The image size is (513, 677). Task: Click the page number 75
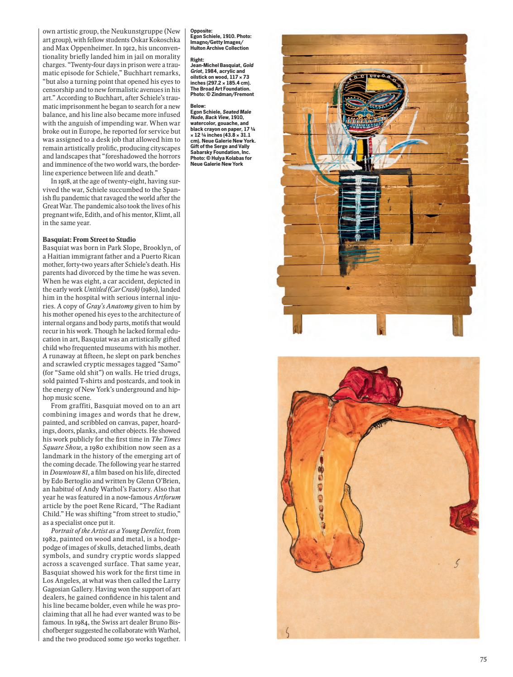click(483, 660)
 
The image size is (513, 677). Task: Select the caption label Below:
click(198, 106)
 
